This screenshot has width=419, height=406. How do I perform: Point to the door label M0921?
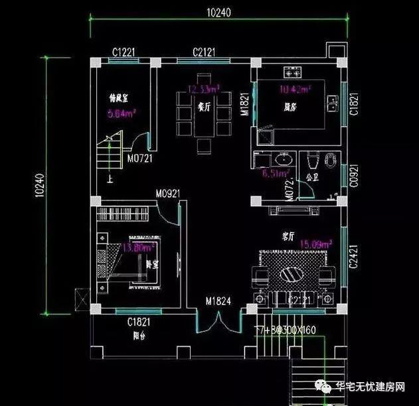[169, 194]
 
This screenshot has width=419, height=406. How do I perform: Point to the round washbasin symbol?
[284, 159]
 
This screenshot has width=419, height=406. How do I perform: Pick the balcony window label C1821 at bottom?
[140, 322]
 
